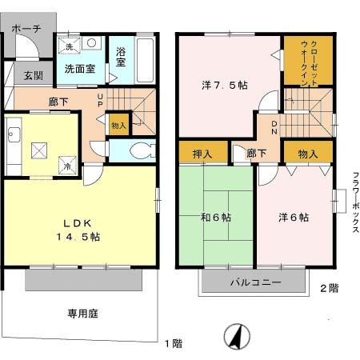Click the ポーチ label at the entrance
pos(26,29)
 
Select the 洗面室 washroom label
pos(80,69)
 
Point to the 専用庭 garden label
pos(82,314)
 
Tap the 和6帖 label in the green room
pos(216,217)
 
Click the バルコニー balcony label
pos(255,283)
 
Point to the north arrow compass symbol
pos(238,336)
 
